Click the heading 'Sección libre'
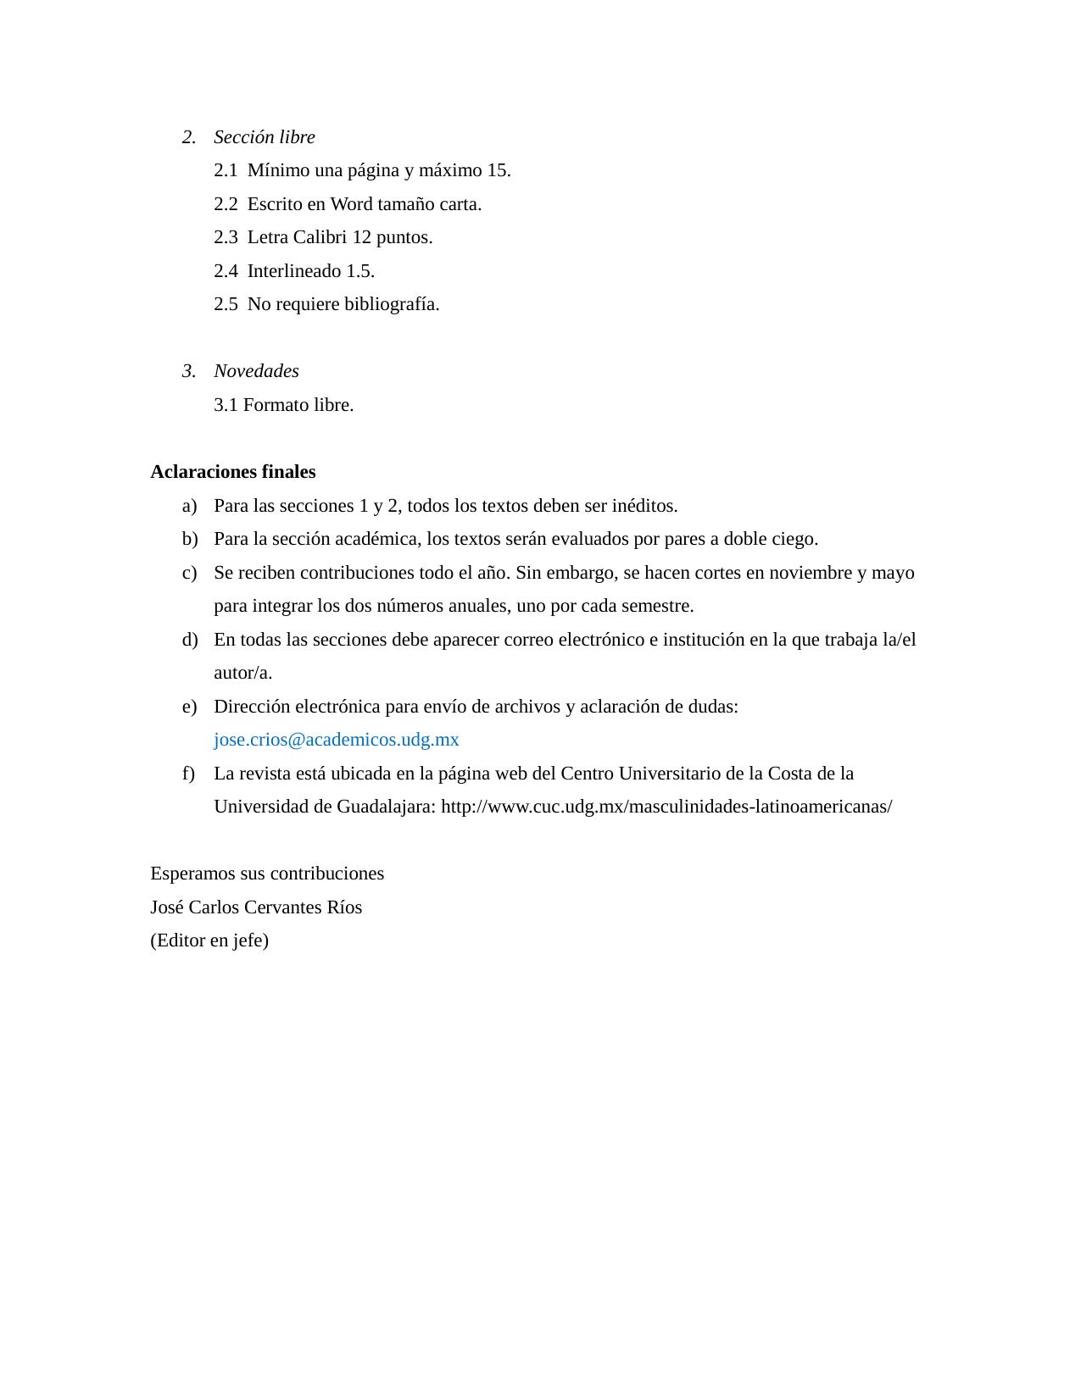[x=264, y=137]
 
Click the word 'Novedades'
[x=256, y=371]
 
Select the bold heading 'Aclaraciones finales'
[x=232, y=472]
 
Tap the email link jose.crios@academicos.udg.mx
[x=336, y=740]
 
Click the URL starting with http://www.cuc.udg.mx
[x=666, y=807]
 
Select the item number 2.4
[x=226, y=271]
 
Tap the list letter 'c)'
[x=189, y=573]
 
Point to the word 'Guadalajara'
[x=386, y=807]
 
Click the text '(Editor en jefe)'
[x=209, y=940]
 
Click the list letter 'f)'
[x=187, y=774]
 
